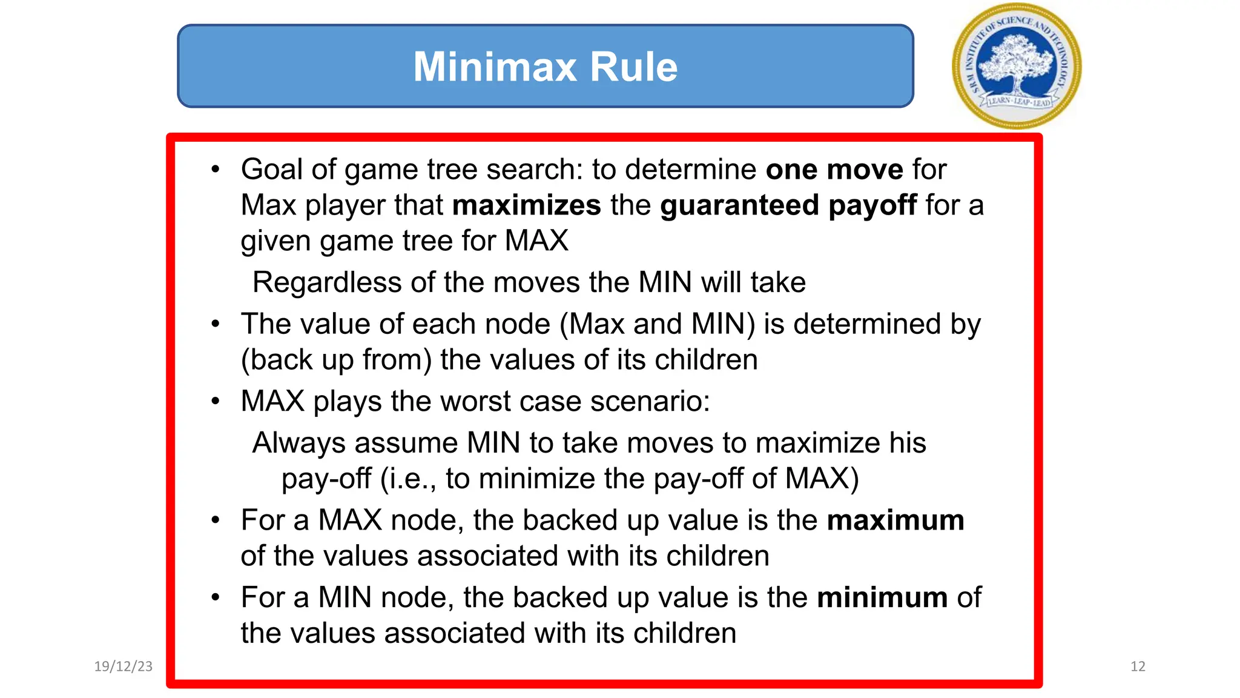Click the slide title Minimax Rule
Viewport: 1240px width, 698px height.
click(x=545, y=66)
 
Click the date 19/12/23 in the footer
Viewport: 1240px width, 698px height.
click(x=124, y=666)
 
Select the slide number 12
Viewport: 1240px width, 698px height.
click(x=1138, y=666)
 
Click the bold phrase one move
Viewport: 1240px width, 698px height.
click(x=834, y=169)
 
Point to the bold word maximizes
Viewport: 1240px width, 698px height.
click(x=526, y=205)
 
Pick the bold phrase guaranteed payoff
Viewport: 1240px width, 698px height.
click(x=788, y=205)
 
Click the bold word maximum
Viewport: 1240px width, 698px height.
click(x=895, y=520)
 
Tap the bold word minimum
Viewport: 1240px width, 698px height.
click(x=882, y=598)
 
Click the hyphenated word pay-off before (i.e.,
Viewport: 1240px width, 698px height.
click(x=326, y=479)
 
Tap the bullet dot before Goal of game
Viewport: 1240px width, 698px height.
click(x=216, y=170)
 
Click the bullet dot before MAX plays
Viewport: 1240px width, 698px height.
click(x=216, y=402)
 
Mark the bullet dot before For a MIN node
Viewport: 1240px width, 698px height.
click(x=216, y=598)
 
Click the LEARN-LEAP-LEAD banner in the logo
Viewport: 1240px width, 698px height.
click(x=1018, y=102)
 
